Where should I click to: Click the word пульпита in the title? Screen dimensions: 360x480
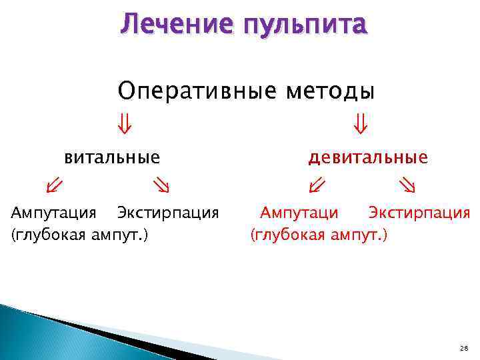306,25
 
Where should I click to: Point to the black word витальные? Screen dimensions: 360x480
112,157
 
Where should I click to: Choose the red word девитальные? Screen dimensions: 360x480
367,157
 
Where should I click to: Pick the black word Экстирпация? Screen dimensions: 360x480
168,213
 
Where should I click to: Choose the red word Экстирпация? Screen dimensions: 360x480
419,213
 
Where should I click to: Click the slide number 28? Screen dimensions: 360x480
464,349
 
